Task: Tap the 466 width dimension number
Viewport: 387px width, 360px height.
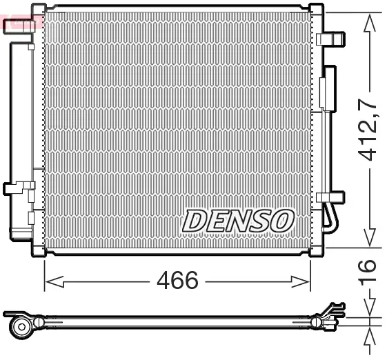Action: pos(177,281)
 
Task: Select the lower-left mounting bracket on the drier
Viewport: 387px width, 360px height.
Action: pos(19,188)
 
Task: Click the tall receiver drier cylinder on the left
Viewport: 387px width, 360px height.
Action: pos(19,131)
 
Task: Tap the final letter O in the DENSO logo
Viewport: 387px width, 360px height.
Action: pos(282,221)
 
